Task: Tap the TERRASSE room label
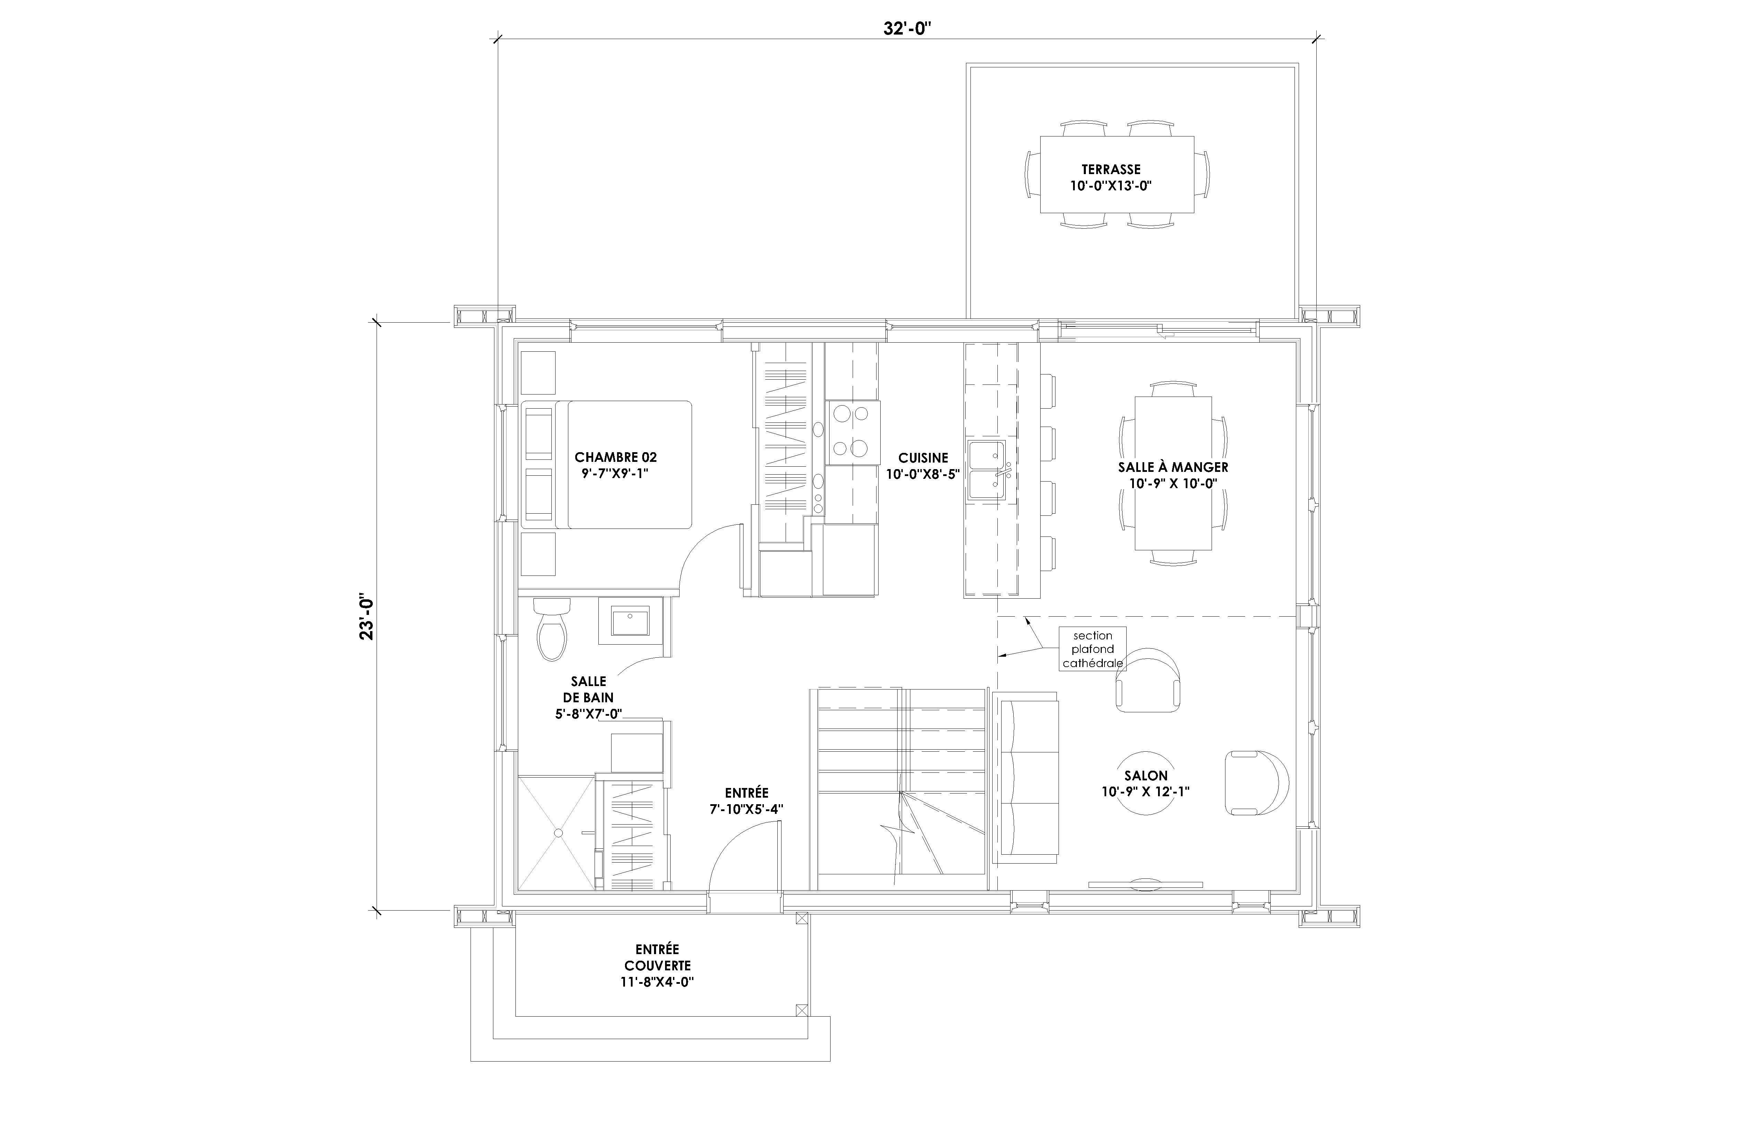click(x=1110, y=170)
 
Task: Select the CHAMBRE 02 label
click(x=616, y=457)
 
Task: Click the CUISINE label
click(x=923, y=458)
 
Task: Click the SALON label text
click(x=1146, y=775)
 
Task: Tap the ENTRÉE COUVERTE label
click(x=657, y=957)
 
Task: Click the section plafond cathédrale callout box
click(x=1093, y=649)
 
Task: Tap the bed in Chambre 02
click(x=607, y=465)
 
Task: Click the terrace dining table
click(x=1117, y=174)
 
